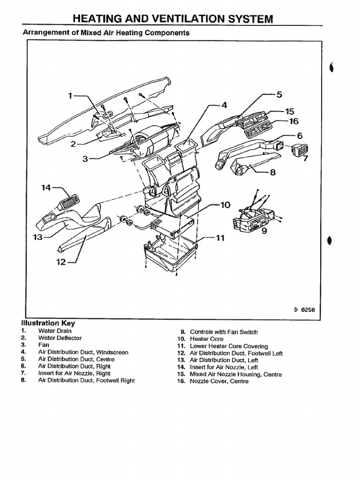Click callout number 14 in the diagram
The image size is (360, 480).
pos(46,187)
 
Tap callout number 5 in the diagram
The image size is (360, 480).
pos(279,94)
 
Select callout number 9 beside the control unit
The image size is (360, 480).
pos(265,231)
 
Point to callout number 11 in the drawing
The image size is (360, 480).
pos(220,238)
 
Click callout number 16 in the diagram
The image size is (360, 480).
pos(293,121)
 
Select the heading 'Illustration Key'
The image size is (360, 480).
pos(48,323)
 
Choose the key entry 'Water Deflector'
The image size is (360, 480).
pos(60,337)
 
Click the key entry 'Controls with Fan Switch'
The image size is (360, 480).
pos(224,332)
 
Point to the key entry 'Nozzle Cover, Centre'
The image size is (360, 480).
pos(219,382)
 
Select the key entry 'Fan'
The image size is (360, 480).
pos(43,345)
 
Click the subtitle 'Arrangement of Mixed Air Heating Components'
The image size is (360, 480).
pos(106,33)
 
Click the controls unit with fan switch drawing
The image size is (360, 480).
pos(253,218)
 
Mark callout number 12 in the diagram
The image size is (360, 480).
pos(61,262)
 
